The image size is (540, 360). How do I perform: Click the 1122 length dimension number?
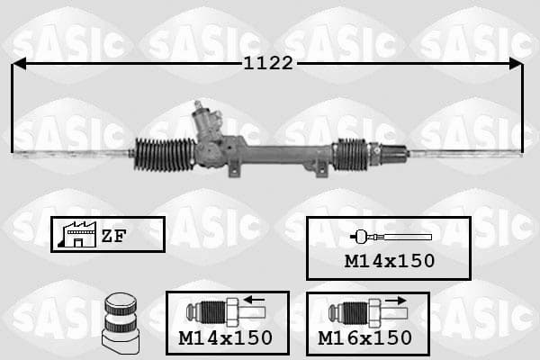[268, 63]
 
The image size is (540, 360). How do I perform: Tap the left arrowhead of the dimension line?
[19, 64]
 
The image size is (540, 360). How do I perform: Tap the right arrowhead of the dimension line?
[517, 64]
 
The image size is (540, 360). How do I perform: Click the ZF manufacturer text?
[113, 236]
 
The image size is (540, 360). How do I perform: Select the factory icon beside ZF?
[77, 235]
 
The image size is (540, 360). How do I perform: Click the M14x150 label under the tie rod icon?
[390, 261]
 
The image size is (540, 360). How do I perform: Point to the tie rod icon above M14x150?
[391, 237]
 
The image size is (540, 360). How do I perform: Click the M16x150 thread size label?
[364, 338]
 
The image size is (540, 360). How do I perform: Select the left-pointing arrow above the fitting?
[253, 300]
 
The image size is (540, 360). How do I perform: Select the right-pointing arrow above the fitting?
[396, 301]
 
